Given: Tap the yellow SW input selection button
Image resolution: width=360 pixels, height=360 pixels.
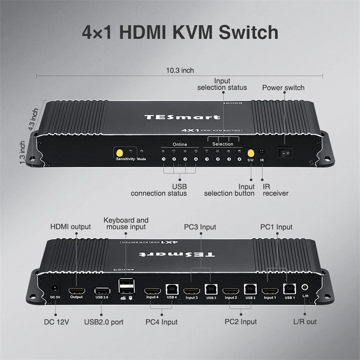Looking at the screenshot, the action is (251, 153).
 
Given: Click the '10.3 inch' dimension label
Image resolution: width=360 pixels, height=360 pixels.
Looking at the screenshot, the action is (180, 70).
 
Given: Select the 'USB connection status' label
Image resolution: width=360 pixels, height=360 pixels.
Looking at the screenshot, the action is (158, 190).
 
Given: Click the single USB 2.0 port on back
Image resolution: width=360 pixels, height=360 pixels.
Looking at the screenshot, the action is (101, 290).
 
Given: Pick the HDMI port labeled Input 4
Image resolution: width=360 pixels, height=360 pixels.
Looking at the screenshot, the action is (152, 290).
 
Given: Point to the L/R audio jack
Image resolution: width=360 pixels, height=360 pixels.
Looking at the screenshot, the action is (305, 287).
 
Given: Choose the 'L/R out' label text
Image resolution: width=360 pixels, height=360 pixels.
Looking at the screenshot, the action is (305, 322).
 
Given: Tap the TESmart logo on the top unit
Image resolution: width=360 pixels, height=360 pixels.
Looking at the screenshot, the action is (182, 117).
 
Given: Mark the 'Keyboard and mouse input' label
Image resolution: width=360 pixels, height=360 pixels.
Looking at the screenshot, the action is (126, 224).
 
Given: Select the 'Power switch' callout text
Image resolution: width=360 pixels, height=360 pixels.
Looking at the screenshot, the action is (283, 88).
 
